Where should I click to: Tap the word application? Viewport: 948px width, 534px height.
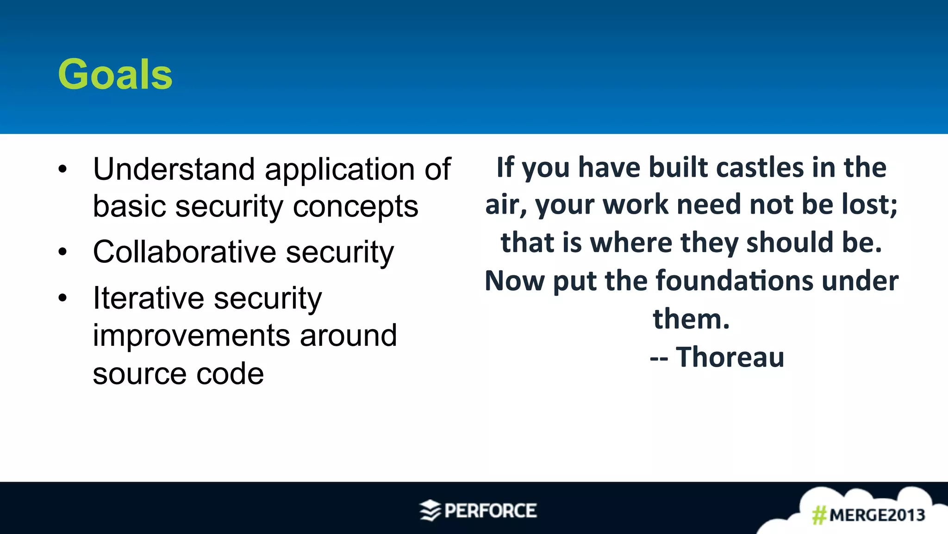[340, 170]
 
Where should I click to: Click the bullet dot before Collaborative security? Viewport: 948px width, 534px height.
[62, 252]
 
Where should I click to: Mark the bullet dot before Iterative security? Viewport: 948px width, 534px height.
[62, 298]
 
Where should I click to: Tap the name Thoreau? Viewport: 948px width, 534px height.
[730, 357]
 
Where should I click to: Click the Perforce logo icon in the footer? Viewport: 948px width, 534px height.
[430, 510]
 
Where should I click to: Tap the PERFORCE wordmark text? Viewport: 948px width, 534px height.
[490, 511]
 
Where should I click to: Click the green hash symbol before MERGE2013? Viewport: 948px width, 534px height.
[819, 515]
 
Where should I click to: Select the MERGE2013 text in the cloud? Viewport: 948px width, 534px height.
[877, 515]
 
